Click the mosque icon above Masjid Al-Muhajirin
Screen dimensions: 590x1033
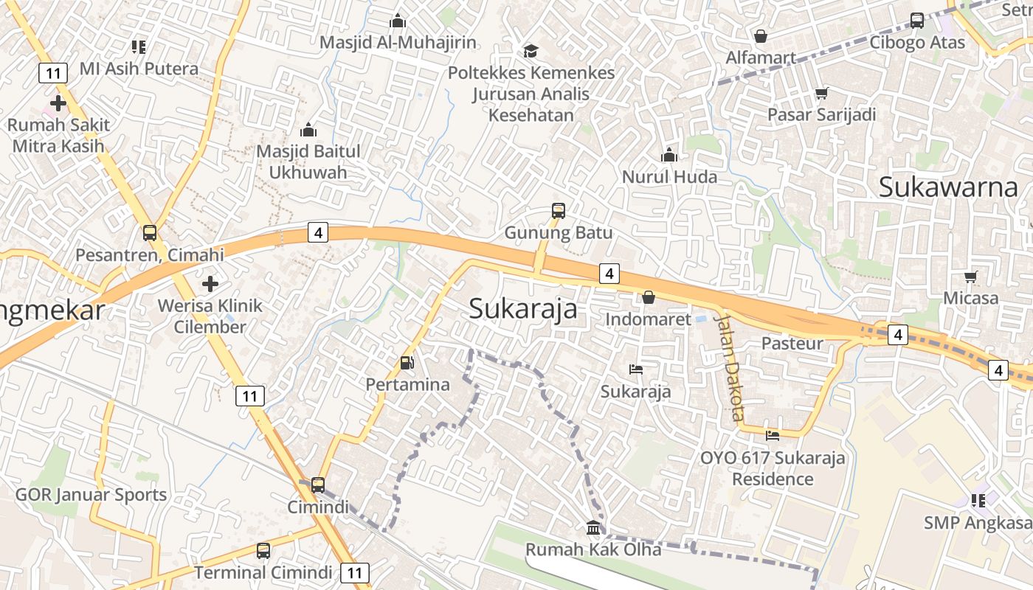(398, 21)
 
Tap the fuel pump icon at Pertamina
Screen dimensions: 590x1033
(407, 363)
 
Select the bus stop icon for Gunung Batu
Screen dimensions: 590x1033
(559, 211)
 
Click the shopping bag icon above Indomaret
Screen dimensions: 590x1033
(648, 297)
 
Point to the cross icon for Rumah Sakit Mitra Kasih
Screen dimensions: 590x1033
(58, 103)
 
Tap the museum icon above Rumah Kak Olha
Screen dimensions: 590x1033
(593, 527)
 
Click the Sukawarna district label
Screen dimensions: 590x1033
(948, 187)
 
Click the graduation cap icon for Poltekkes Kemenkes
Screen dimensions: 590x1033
(531, 51)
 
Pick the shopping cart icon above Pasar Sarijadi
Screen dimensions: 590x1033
(821, 94)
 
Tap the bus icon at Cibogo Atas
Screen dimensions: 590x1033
(917, 21)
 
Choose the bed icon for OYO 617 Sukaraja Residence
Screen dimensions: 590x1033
(773, 436)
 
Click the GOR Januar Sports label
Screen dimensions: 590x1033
(91, 495)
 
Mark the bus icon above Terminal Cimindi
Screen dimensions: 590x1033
(263, 550)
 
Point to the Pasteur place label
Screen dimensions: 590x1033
(792, 343)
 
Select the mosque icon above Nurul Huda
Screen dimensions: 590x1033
(669, 155)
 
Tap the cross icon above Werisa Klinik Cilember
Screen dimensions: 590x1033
(210, 283)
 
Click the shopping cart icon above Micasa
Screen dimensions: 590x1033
(970, 277)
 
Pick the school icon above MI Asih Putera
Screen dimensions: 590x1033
(139, 47)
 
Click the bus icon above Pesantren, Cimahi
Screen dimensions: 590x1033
(150, 233)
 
